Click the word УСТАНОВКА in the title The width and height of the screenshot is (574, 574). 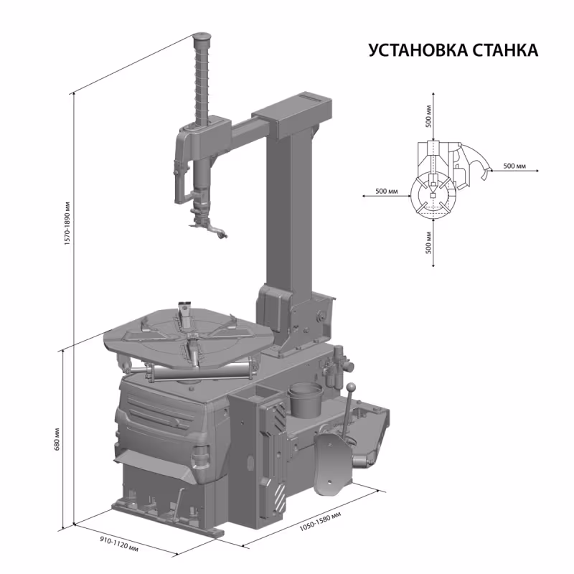point(416,51)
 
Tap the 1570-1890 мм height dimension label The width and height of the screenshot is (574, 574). point(66,216)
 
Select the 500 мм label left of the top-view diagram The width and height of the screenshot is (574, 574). point(387,192)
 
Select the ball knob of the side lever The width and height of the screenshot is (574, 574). point(351,387)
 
